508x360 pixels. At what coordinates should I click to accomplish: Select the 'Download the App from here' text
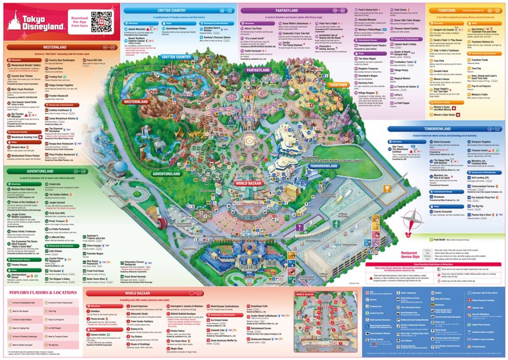(79, 22)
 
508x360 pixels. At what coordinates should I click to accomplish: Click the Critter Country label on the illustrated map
(177, 57)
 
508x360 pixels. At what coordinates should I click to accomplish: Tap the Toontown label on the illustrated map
(338, 85)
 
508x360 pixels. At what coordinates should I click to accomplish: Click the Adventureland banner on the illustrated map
(167, 174)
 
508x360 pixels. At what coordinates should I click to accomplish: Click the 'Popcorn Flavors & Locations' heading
(44, 292)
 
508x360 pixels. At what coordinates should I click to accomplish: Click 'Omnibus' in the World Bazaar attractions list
(100, 311)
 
